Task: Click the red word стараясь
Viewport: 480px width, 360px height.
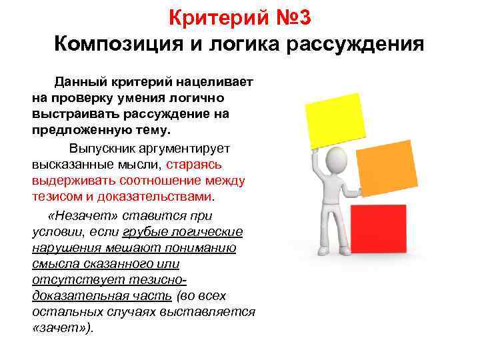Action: [x=199, y=163]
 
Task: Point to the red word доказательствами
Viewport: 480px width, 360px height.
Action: [x=157, y=196]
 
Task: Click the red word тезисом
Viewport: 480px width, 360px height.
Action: [x=55, y=196]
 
